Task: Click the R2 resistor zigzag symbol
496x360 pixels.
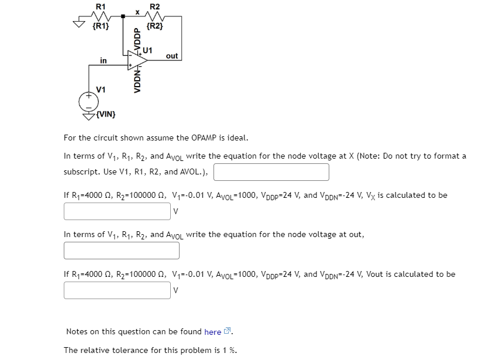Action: tap(154, 16)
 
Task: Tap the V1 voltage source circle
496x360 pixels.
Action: tap(89, 101)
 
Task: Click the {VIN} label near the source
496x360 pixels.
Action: tap(106, 114)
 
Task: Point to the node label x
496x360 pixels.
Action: tap(137, 11)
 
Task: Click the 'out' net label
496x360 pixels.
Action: tap(172, 56)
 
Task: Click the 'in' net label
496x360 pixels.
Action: tap(104, 60)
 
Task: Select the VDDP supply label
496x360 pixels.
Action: tap(138, 39)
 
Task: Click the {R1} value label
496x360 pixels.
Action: tap(101, 26)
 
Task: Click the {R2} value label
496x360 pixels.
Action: tap(154, 26)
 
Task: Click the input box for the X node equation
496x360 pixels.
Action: tap(271, 172)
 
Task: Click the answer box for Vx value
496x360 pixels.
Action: tap(117, 211)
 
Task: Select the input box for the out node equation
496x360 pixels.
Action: tap(122, 251)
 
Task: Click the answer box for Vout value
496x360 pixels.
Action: tap(117, 290)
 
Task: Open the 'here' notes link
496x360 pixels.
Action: tap(213, 332)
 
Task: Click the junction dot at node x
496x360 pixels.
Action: tap(122, 17)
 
